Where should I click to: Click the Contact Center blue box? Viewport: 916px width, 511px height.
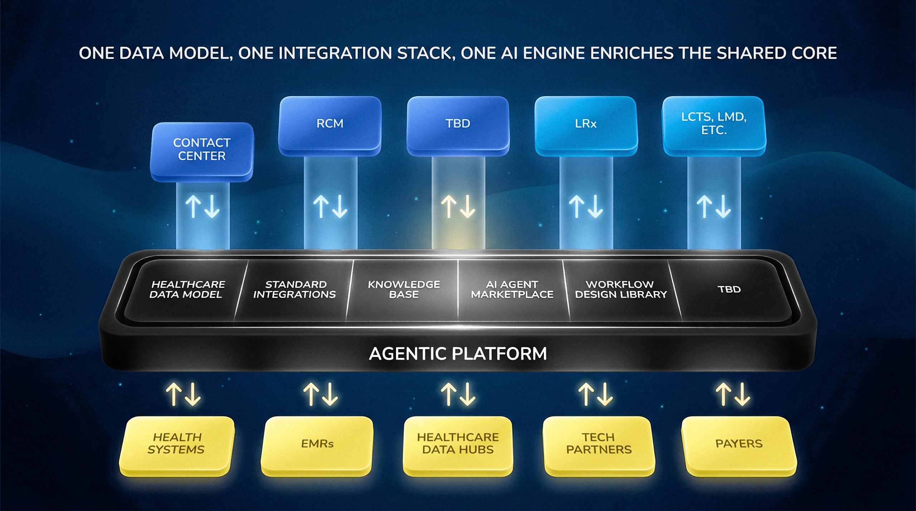(202, 152)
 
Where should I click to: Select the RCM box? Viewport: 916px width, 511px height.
(330, 126)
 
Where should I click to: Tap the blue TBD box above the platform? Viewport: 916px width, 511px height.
(458, 126)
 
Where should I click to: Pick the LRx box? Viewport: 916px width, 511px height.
(586, 126)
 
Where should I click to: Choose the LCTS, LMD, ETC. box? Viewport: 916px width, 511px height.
(714, 126)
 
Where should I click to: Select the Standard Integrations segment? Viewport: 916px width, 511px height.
(294, 290)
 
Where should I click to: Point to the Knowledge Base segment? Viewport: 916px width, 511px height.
(404, 290)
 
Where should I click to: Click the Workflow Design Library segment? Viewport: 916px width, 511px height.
(621, 290)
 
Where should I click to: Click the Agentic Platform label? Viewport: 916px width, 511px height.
(458, 354)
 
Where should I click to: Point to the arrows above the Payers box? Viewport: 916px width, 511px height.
(733, 394)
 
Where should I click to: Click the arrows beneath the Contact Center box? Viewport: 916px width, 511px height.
(203, 206)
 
